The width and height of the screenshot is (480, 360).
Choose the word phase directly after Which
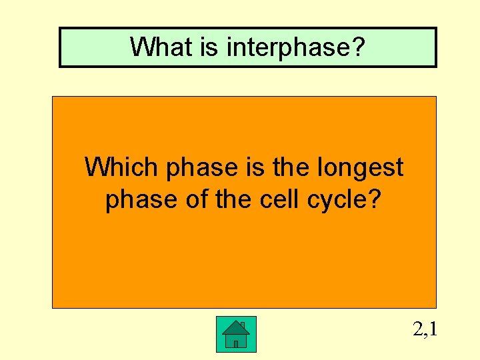coord(197,167)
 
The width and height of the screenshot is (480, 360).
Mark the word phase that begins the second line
coord(137,199)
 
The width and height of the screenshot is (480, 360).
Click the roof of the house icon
coord(235,327)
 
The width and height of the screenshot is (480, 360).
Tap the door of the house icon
coord(236,343)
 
